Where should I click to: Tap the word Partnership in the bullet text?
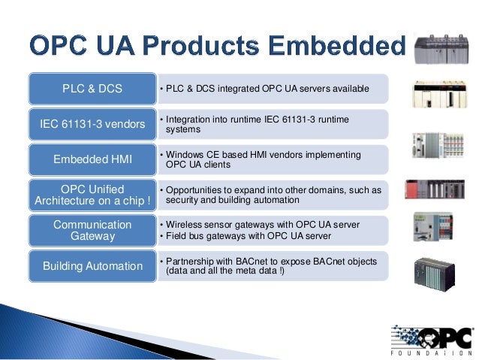pos(193,260)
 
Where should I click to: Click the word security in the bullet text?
pos(182,201)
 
